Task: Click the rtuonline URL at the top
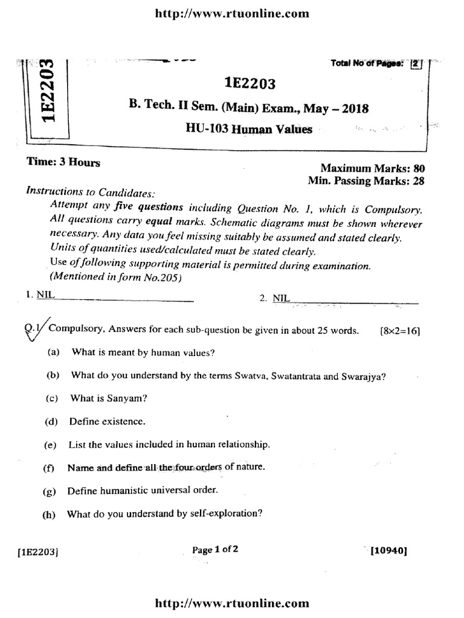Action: tap(232, 13)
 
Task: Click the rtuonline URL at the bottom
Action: tap(232, 603)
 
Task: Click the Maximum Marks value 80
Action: tap(418, 168)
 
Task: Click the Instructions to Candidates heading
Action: tap(91, 193)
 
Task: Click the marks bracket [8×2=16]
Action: tap(400, 331)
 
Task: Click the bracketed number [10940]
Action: tap(390, 550)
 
